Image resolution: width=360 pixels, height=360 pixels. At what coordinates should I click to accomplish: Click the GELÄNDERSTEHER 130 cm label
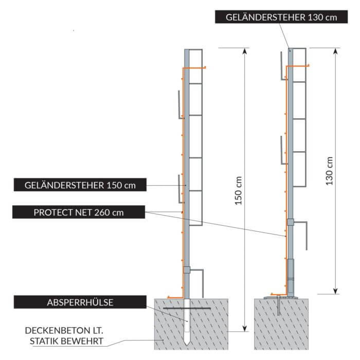click(x=281, y=17)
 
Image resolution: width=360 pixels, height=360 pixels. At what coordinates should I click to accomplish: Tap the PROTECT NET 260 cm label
click(x=79, y=211)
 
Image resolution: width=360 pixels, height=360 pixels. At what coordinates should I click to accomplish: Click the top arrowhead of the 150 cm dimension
click(x=243, y=50)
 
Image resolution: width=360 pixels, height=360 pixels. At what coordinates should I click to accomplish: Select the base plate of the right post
click(x=282, y=297)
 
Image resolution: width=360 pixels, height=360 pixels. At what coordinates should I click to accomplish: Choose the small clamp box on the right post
click(x=291, y=222)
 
